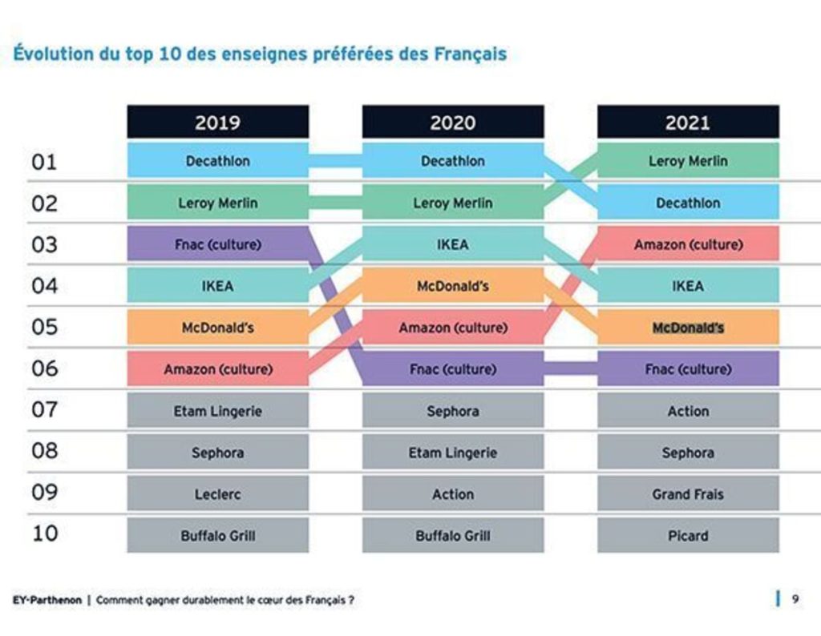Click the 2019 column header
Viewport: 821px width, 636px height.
(217, 123)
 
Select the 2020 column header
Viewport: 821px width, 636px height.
(452, 123)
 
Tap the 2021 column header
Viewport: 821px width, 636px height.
(688, 123)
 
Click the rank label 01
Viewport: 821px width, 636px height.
(45, 162)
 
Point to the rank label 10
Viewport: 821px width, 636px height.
(45, 533)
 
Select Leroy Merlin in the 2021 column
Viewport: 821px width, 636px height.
(688, 161)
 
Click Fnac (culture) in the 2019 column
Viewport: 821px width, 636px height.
(217, 244)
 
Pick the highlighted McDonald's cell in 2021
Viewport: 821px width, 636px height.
(688, 328)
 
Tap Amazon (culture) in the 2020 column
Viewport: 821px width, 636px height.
(452, 328)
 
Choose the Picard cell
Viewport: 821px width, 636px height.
(688, 536)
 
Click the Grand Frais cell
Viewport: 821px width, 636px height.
(688, 494)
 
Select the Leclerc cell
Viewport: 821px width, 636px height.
(217, 494)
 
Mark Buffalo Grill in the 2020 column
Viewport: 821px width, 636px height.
(452, 536)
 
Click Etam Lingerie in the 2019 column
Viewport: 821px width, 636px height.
(217, 411)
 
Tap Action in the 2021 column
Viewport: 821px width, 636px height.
(688, 411)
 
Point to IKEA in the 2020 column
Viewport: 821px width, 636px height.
(452, 244)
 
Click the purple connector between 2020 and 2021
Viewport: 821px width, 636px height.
(570, 369)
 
